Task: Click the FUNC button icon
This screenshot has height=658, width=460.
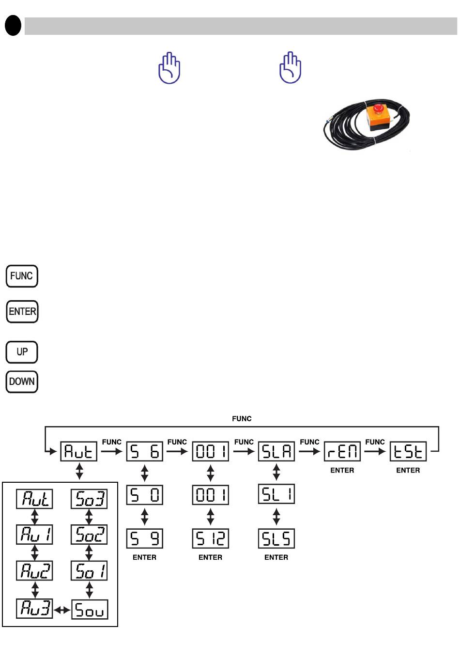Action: click(x=22, y=276)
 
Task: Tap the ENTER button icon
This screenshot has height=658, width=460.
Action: click(x=22, y=311)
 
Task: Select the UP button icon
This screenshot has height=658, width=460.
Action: click(x=22, y=352)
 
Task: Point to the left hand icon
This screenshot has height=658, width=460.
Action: click(x=169, y=68)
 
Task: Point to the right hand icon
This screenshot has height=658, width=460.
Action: click(x=291, y=68)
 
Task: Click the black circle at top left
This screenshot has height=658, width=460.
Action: click(x=13, y=26)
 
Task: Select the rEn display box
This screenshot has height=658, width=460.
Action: click(x=342, y=452)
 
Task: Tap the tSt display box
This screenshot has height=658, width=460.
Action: click(x=408, y=452)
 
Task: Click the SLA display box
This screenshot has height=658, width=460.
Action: click(x=276, y=452)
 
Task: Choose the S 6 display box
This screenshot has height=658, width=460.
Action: click(x=145, y=452)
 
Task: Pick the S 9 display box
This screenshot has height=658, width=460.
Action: click(x=145, y=538)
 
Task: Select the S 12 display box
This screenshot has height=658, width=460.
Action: click(x=211, y=538)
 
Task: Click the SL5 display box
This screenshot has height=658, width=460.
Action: click(x=276, y=538)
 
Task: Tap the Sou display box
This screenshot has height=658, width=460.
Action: click(x=90, y=610)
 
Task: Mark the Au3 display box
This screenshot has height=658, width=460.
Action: click(x=35, y=609)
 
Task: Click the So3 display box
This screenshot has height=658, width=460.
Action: click(x=89, y=499)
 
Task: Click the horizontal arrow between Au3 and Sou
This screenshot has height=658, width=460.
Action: click(x=62, y=610)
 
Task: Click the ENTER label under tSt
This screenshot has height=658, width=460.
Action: click(x=408, y=470)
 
